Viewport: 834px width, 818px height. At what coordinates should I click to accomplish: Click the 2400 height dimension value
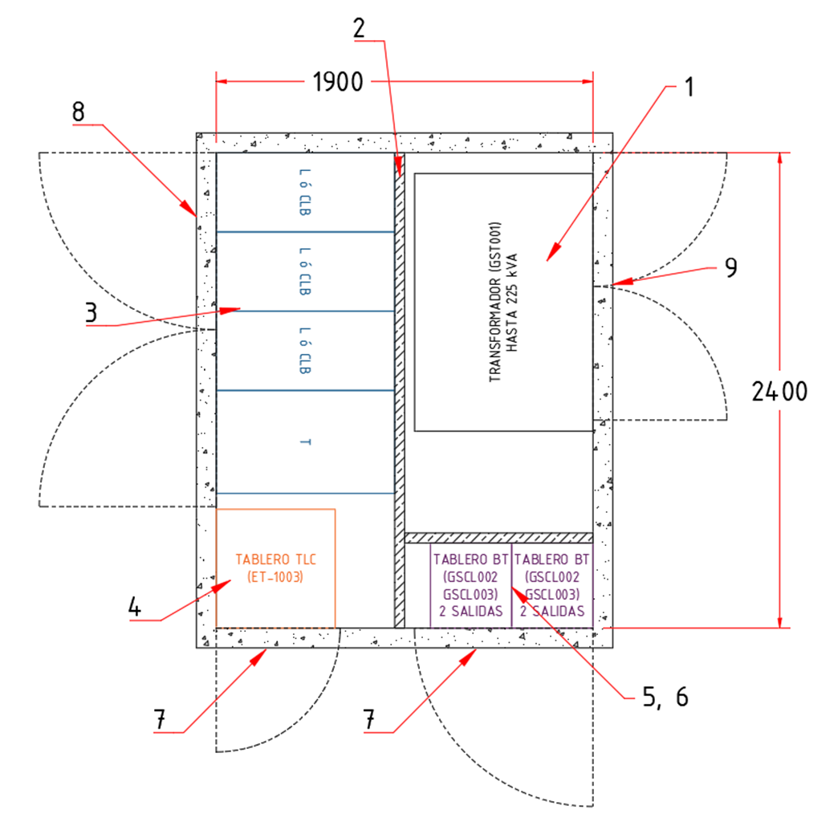[x=779, y=392]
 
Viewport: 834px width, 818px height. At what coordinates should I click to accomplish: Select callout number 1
[x=687, y=87]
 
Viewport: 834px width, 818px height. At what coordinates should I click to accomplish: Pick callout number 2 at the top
[x=360, y=27]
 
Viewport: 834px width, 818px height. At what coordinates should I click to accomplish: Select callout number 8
[x=78, y=112]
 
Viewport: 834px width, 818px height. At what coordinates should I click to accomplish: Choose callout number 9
[x=730, y=267]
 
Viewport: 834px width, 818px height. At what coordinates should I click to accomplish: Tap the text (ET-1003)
[x=275, y=576]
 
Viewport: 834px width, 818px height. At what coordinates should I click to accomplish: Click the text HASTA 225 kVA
[x=514, y=303]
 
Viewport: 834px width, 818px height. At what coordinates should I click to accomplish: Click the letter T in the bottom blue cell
[x=306, y=442]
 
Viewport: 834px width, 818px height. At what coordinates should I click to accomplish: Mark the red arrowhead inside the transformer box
[x=551, y=256]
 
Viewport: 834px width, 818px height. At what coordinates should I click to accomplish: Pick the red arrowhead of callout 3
[x=235, y=308]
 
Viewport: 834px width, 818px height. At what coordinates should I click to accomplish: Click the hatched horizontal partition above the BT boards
[x=498, y=537]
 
